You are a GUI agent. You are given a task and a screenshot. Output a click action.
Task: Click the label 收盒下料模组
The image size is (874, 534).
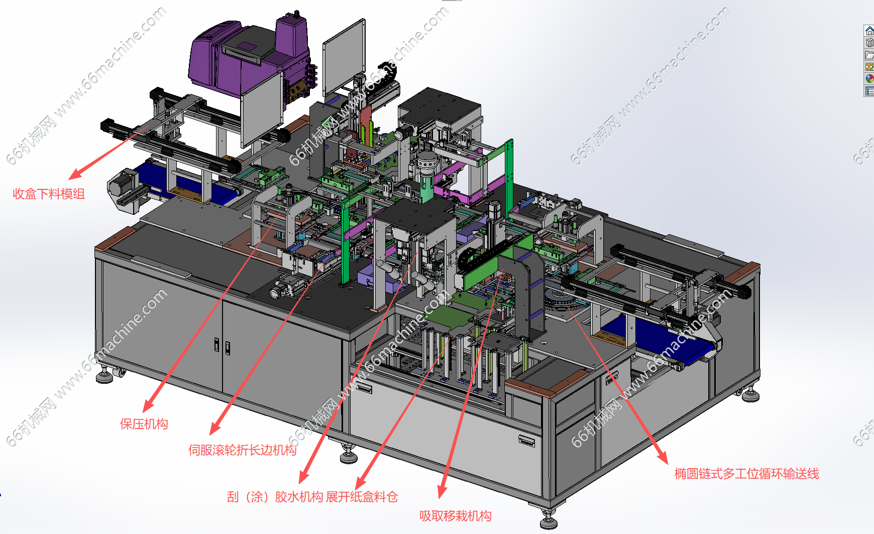point(49,194)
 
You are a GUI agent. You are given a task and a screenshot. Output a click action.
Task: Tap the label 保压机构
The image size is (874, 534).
point(144,424)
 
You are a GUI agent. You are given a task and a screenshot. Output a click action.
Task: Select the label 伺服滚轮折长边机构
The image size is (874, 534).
point(243,450)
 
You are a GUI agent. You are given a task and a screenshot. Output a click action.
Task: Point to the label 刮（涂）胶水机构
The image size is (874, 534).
point(275,497)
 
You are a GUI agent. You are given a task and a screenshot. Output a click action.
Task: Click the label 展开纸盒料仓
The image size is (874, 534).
point(362,497)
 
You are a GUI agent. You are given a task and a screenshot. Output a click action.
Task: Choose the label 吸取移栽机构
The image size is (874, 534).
point(456,516)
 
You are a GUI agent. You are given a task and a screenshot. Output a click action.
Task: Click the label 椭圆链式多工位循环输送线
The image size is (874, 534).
point(747,474)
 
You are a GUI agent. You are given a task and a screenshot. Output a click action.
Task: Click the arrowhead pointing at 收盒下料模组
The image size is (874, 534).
point(75,174)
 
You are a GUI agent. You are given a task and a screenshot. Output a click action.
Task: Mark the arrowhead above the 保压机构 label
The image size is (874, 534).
point(148,405)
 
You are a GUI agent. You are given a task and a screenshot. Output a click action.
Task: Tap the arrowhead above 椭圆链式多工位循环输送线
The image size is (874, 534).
point(663,456)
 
